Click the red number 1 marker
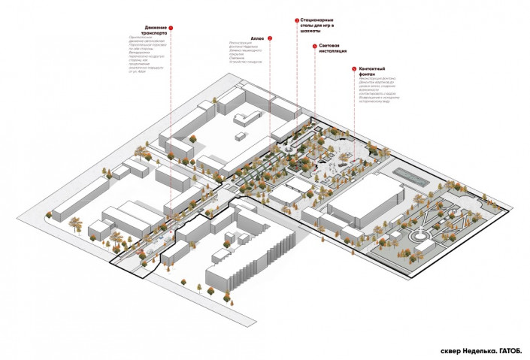tap(171, 27)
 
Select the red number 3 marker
tap(297, 20)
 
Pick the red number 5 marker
tap(354, 70)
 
